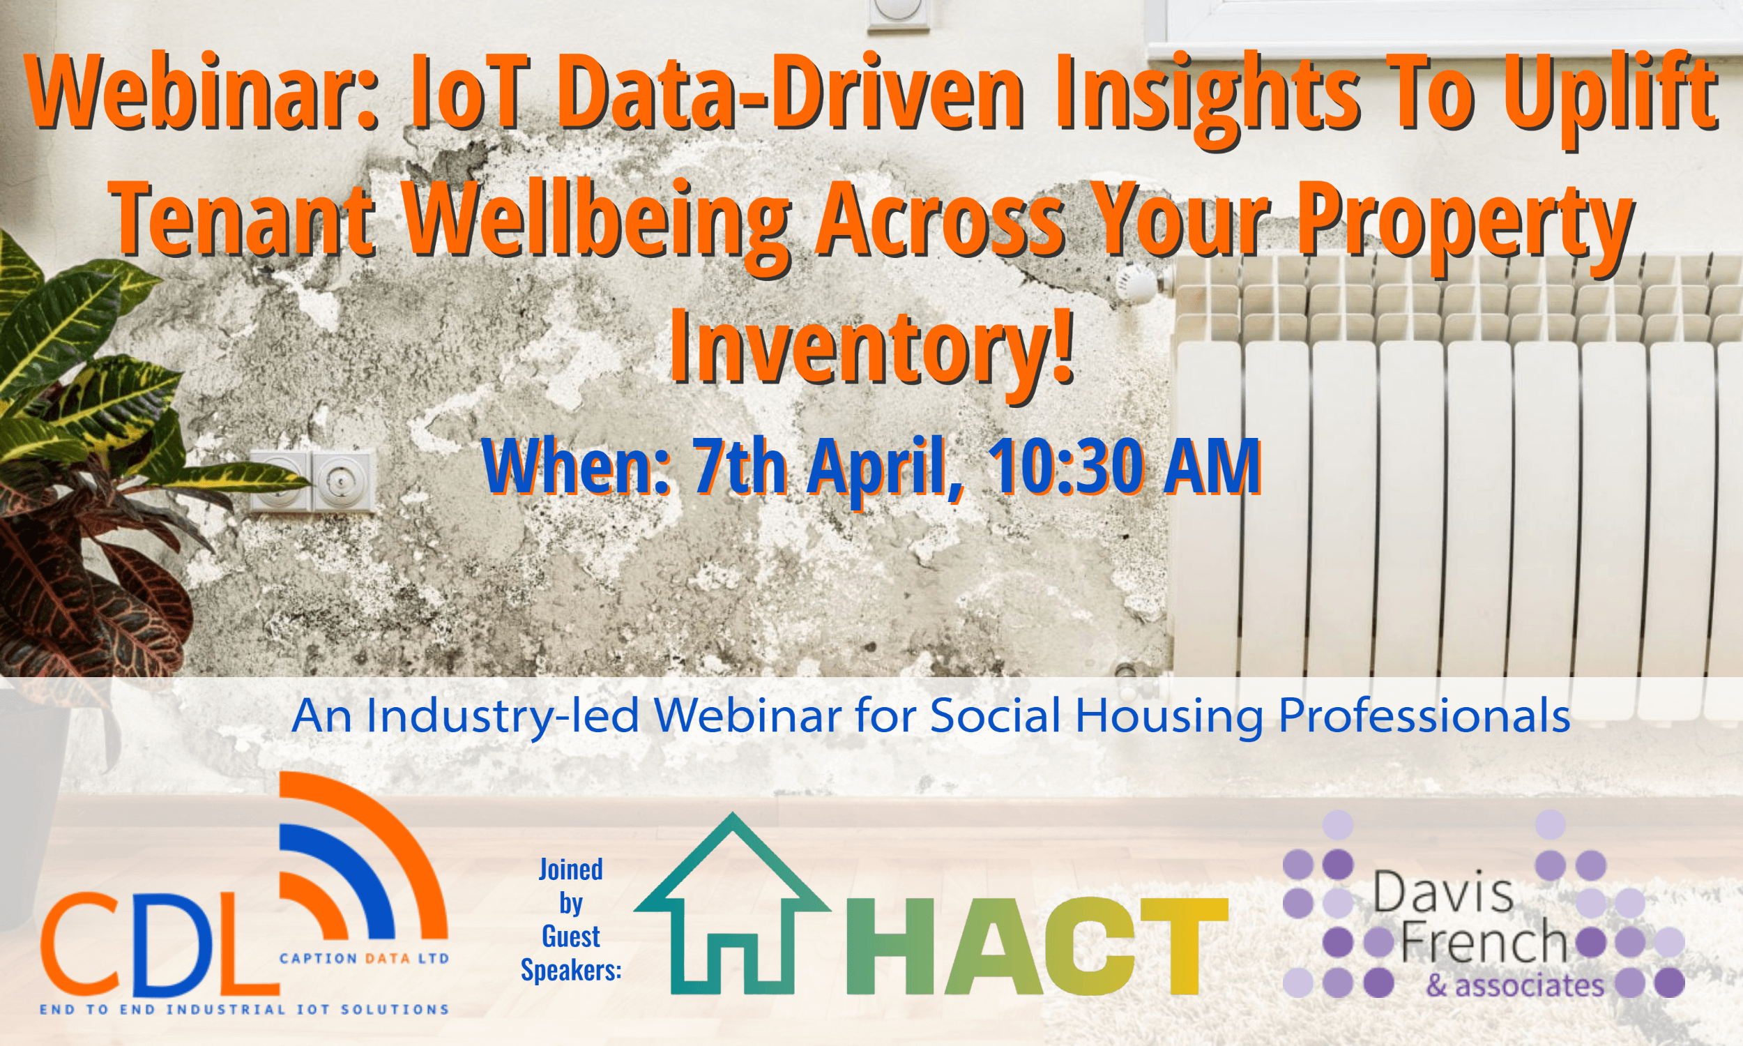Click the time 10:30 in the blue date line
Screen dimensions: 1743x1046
[1068, 465]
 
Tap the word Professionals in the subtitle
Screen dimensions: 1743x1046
[1424, 716]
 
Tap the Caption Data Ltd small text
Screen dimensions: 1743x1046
[364, 959]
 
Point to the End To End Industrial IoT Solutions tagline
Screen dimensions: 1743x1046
[245, 1009]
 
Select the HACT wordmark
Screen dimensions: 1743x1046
[1037, 944]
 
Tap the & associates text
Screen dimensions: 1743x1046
[1516, 985]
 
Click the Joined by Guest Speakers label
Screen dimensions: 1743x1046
[571, 920]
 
